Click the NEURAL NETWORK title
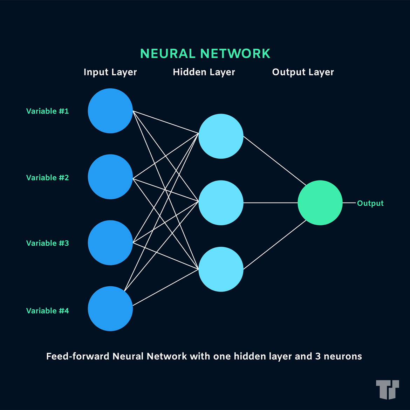pos(205,53)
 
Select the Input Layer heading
pos(110,72)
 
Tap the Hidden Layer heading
pos(204,72)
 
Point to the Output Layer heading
pos(303,72)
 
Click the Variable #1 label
pos(47,111)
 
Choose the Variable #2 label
pos(47,178)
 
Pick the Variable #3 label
pos(47,243)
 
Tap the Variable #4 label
pos(47,310)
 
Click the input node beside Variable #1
pos(110,111)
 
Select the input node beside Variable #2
pos(110,177)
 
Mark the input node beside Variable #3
pos(110,242)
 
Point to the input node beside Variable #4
pos(110,308)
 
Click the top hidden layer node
pos(221,136)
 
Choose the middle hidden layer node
pos(221,203)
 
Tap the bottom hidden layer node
pos(221,269)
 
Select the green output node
pos(320,203)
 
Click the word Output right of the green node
pos(370,203)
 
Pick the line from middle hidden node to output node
pos(271,203)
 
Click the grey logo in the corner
pos(387,390)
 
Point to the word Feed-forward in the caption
pos(78,356)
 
